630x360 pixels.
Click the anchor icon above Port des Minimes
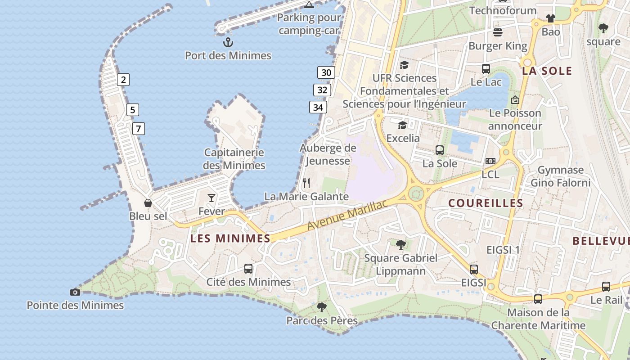(228, 43)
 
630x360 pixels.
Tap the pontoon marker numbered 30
(326, 72)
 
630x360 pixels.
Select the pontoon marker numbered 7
(138, 129)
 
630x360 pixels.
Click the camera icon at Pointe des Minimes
(75, 292)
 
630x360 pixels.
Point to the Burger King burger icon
(498, 32)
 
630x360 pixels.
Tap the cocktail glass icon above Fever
(211, 198)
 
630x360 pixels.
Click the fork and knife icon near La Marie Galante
(306, 183)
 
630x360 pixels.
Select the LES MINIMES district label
(230, 238)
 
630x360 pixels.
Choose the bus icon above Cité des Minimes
(248, 269)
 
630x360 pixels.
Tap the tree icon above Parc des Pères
(321, 307)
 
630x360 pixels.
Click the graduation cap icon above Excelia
(402, 125)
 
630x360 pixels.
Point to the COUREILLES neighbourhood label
(486, 203)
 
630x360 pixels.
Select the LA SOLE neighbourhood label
(547, 71)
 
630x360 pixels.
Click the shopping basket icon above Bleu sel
(148, 203)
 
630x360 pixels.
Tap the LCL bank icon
(490, 161)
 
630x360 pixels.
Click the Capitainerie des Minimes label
(234, 159)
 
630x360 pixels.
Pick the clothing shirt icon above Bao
(550, 18)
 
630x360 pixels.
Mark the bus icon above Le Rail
(606, 287)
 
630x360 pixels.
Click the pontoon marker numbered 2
(123, 80)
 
